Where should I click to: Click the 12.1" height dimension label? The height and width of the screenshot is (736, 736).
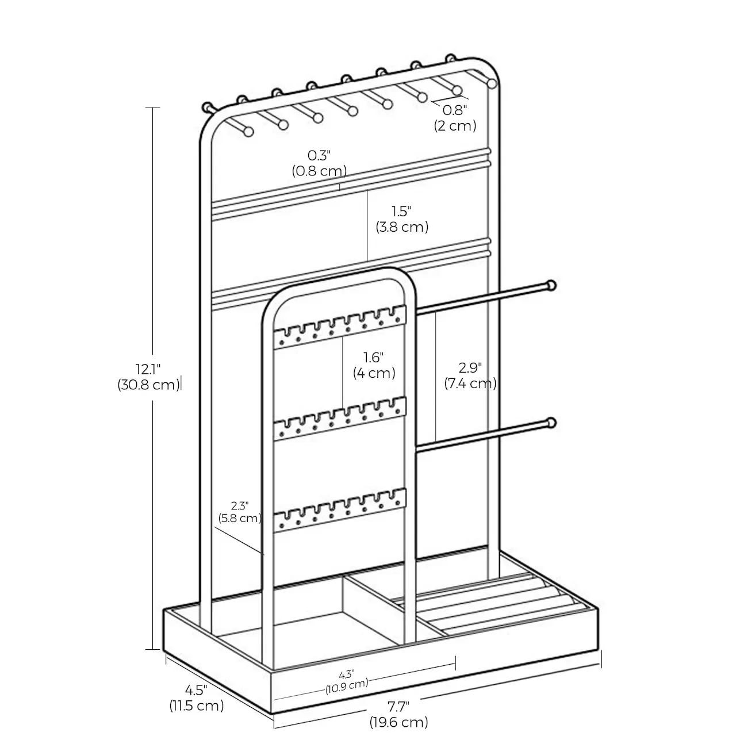point(148,368)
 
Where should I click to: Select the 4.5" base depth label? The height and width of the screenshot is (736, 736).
point(196,689)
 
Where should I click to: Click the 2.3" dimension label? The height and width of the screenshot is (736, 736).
point(240,506)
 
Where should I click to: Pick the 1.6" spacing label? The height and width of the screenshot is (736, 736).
point(374,358)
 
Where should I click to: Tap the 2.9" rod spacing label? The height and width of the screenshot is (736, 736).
point(470,368)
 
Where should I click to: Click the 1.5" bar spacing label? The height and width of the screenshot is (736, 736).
point(402,212)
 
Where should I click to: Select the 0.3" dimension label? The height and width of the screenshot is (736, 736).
point(319,155)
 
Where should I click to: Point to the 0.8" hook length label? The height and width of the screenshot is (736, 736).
point(455,110)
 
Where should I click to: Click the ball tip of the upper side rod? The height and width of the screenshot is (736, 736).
point(551,285)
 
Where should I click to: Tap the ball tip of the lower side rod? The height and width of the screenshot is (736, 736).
point(551,424)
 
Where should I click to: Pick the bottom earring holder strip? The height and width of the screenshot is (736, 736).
point(339,510)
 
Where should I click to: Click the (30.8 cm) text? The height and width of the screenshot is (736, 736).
point(148,385)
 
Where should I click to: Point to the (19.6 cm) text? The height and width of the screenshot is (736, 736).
point(398,722)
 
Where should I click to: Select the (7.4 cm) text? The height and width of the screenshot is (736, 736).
point(470,384)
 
